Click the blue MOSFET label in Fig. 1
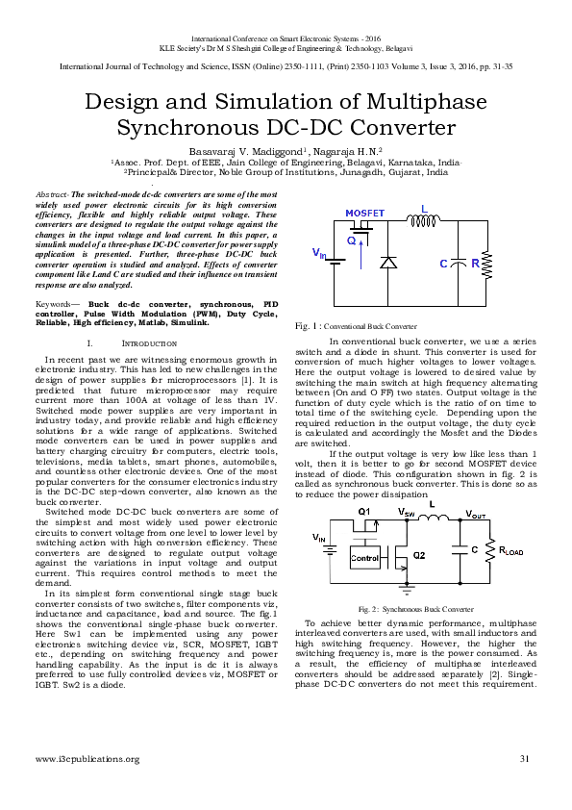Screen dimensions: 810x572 pyautogui.click(x=364, y=212)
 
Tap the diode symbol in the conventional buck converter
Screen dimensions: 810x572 pyautogui.click(x=388, y=262)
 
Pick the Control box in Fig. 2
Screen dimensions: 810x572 pyautogui.click(x=364, y=557)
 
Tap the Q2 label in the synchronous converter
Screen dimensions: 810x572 pyautogui.click(x=418, y=555)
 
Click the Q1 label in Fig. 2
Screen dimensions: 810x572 pyautogui.click(x=363, y=511)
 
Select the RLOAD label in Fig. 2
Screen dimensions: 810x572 pyautogui.click(x=510, y=551)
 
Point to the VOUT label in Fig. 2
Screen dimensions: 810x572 pyautogui.click(x=475, y=515)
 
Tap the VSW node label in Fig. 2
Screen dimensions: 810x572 pyautogui.click(x=406, y=514)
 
